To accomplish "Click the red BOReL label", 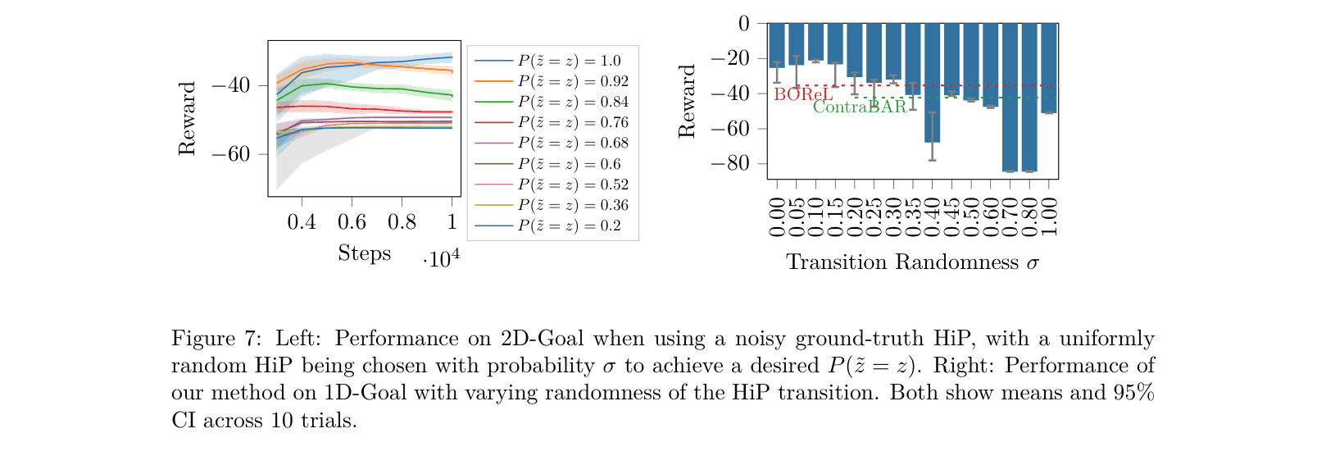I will coord(803,94).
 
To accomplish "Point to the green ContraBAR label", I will coord(860,107).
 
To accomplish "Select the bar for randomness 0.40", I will coord(933,82).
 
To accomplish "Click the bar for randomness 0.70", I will coord(1010,97).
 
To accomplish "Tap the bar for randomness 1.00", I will coord(1049,67).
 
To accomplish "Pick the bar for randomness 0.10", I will coord(815,41).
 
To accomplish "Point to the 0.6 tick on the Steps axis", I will coord(352,221).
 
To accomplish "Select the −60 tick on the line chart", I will coord(230,154).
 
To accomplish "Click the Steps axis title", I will coord(365,253).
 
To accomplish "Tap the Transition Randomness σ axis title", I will coord(912,262).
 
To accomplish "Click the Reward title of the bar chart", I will coord(687,101).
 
